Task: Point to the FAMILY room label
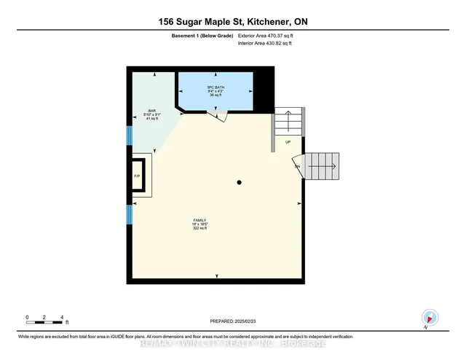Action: [200, 219]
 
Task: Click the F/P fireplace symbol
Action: [137, 176]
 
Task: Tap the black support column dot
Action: [239, 182]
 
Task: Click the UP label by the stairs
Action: [288, 142]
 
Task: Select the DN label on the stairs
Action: [297, 167]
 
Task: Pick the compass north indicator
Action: [429, 318]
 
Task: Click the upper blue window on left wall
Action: [130, 136]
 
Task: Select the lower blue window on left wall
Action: [130, 214]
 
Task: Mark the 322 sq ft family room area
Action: [200, 228]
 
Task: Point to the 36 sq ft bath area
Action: [216, 95]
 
